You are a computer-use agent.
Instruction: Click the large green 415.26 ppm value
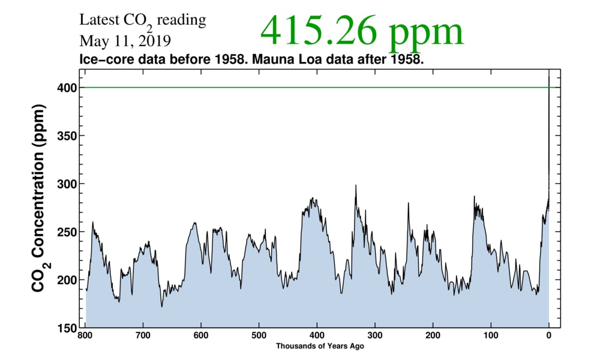click(x=362, y=31)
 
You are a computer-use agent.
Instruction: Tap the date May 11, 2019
click(x=124, y=42)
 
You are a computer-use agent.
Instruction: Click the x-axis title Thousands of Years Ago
click(x=320, y=346)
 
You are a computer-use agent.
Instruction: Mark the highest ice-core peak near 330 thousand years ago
click(x=356, y=185)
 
